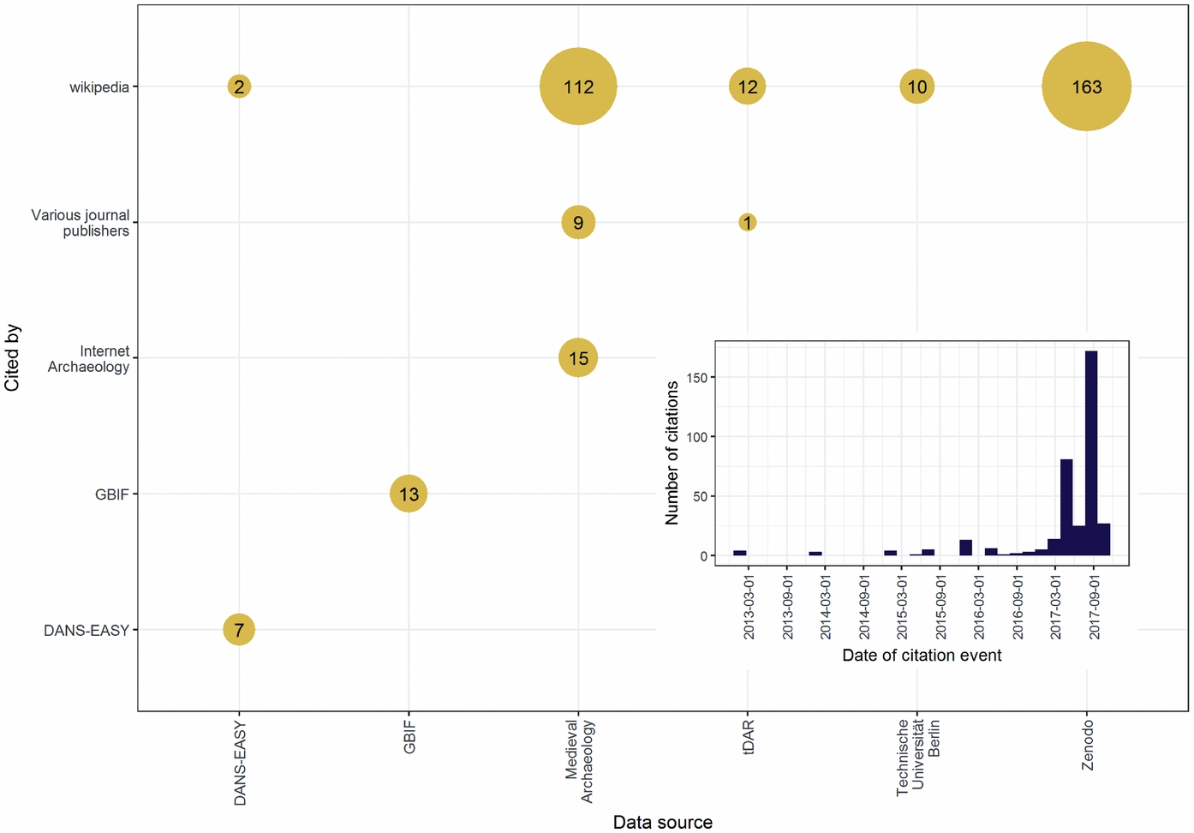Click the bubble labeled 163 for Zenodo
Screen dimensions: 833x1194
tap(1086, 87)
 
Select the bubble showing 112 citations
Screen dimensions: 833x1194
tap(578, 87)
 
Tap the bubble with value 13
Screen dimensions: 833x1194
tap(409, 494)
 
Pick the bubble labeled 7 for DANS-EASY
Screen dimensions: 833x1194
tap(239, 630)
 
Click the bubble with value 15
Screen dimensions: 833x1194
tap(578, 357)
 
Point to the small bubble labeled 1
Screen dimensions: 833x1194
tap(748, 223)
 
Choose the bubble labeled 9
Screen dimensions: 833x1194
tap(578, 223)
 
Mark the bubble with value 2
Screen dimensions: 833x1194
tap(239, 87)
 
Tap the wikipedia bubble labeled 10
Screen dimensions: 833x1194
tap(916, 87)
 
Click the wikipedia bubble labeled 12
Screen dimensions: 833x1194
tap(748, 87)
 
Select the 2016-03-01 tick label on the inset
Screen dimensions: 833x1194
tap(979, 606)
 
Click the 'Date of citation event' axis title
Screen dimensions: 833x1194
tap(922, 656)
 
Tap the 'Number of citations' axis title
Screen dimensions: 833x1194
tap(672, 452)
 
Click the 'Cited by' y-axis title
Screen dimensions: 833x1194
tap(12, 357)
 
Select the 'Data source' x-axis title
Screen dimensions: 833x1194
tap(662, 822)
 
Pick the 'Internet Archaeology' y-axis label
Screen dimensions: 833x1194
tap(88, 359)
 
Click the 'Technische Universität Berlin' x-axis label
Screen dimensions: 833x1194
tap(917, 758)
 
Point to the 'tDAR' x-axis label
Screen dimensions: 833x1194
tap(748, 737)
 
